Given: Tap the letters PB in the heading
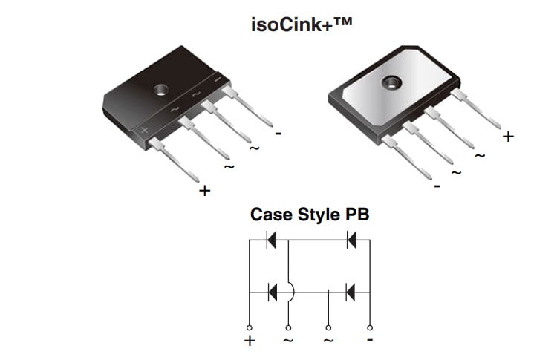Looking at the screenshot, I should [x=356, y=215].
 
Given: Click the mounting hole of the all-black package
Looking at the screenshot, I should [x=160, y=90].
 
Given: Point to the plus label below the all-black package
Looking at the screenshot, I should [x=205, y=191].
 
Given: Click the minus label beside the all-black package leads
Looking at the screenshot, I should [x=278, y=134].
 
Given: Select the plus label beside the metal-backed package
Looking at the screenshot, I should [x=508, y=137].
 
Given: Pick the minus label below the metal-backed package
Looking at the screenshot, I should [x=437, y=186].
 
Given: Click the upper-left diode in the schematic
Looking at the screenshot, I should [x=272, y=240].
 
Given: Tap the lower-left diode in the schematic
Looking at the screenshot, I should [x=272, y=292].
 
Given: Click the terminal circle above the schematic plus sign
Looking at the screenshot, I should [x=250, y=327].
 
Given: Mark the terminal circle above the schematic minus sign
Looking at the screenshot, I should [x=370, y=327].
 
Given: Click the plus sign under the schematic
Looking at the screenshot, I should [x=250, y=341].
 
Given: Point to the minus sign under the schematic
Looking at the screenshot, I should [x=370, y=340].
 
